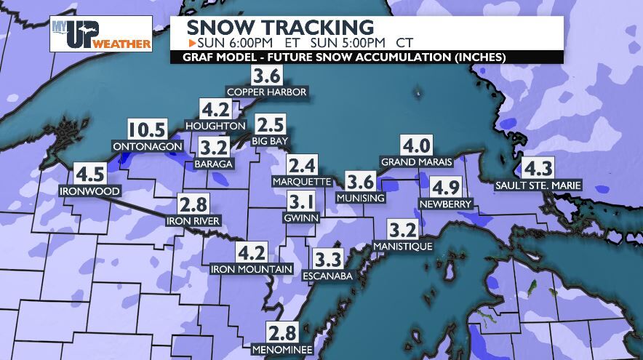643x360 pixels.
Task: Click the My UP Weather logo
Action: (x=101, y=34)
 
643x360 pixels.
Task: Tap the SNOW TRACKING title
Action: (x=280, y=27)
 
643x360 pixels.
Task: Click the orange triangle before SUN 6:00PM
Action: (x=182, y=42)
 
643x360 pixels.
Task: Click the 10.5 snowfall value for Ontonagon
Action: (x=147, y=131)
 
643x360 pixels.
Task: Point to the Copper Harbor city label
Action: (x=267, y=92)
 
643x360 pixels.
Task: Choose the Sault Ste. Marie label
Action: (x=538, y=185)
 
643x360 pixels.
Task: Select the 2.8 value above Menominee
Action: (x=282, y=333)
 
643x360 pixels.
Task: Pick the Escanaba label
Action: (x=328, y=276)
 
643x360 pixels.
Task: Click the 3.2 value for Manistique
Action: (x=402, y=231)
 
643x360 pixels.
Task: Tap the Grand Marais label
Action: (x=417, y=161)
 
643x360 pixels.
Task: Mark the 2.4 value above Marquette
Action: (x=302, y=165)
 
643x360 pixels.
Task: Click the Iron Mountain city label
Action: (x=252, y=269)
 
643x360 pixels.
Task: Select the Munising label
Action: (x=361, y=198)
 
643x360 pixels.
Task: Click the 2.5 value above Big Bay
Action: (x=270, y=124)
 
